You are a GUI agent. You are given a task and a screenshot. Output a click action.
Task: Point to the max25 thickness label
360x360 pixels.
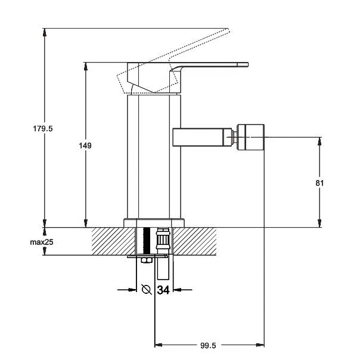[42, 243]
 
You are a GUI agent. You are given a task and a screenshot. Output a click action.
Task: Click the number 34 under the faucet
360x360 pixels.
[165, 290]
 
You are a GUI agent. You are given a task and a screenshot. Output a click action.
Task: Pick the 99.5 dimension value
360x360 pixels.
[207, 345]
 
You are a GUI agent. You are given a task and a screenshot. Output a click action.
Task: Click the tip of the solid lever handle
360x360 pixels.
[244, 63]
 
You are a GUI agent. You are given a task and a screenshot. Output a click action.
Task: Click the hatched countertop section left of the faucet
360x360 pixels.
[113, 241]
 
